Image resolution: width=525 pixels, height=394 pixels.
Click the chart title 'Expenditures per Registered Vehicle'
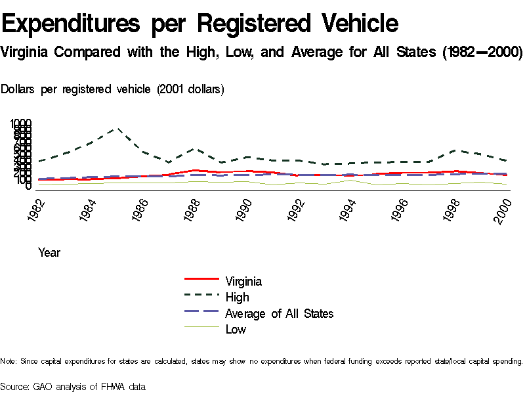(x=200, y=24)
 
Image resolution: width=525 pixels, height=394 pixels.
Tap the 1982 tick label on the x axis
(x=36, y=209)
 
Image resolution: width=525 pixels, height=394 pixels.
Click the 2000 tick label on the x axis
(x=504, y=209)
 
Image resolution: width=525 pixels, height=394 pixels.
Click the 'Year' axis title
(x=49, y=252)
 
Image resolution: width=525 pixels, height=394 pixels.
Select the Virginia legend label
(x=243, y=282)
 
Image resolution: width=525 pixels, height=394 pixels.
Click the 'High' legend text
(x=237, y=297)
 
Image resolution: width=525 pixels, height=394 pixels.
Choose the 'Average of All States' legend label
(x=279, y=313)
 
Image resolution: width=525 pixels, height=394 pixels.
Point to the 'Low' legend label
(x=236, y=330)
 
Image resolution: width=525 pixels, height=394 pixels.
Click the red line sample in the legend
(x=201, y=281)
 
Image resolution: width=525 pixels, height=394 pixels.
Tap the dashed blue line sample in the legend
(x=201, y=313)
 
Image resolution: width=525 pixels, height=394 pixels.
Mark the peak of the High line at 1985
(x=117, y=129)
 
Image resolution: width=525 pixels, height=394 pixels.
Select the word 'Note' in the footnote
(x=9, y=361)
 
